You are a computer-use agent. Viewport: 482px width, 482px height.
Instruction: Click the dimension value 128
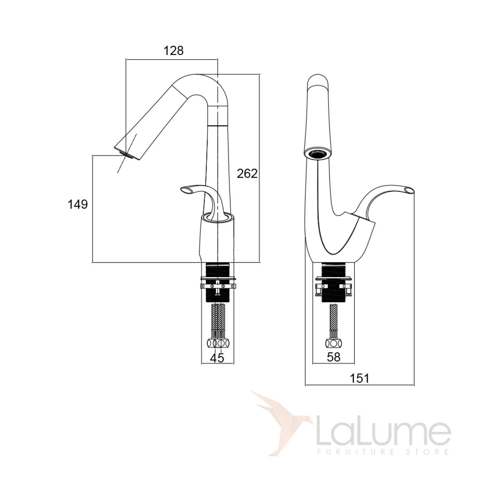click(173, 51)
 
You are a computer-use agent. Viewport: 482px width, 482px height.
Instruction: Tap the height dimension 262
click(247, 174)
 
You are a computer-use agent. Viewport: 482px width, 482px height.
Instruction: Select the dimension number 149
click(78, 205)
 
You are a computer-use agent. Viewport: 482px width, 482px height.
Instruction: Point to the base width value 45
click(217, 358)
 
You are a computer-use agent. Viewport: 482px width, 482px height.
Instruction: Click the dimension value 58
click(334, 357)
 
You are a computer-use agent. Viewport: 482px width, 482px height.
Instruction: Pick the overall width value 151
click(359, 379)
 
